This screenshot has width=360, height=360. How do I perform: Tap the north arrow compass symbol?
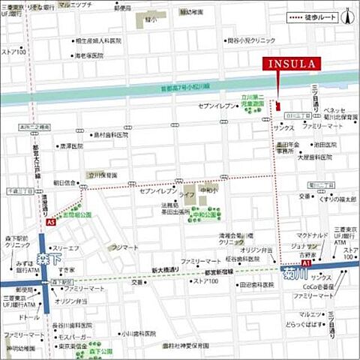coord(347,16)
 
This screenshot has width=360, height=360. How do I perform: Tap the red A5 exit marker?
coord(49,223)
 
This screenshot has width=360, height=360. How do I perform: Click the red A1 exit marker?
coord(306,264)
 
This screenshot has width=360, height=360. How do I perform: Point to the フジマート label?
coord(124,247)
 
